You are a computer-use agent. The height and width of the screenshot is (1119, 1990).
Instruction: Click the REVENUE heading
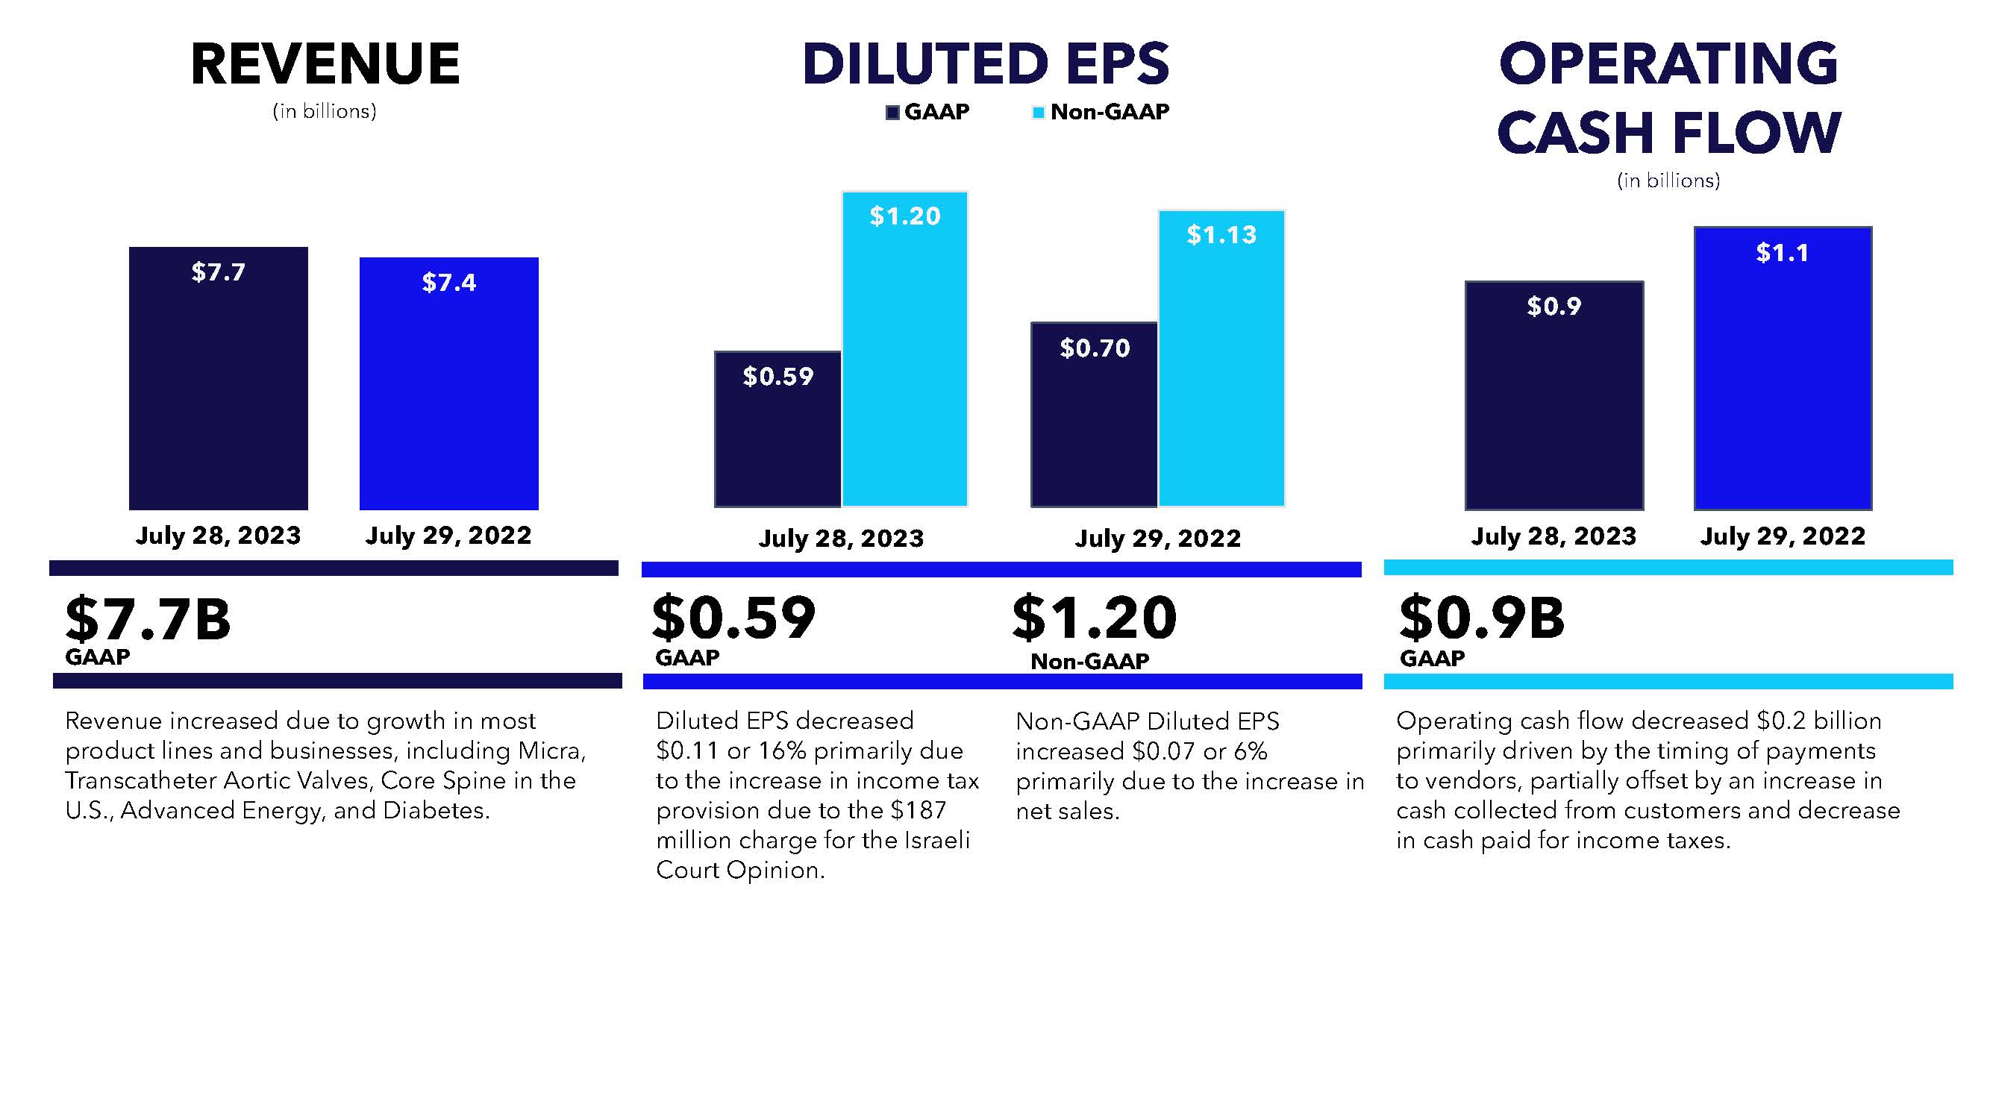coord(325,63)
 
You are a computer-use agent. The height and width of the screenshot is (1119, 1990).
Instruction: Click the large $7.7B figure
coord(148,619)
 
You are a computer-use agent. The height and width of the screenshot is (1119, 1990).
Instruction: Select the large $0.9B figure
coord(1482,618)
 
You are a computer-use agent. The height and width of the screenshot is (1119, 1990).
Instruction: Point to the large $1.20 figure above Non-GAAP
coord(1095,618)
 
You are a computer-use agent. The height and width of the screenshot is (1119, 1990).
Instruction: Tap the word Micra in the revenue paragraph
coord(551,750)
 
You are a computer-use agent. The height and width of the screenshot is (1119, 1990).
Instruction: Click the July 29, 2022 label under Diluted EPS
coord(1157,539)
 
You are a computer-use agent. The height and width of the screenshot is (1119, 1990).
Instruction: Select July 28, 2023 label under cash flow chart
coord(1553,536)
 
